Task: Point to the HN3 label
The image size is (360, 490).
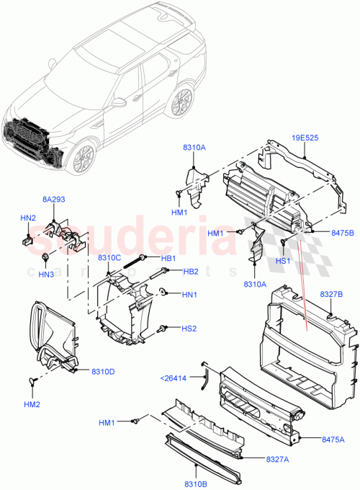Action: pyautogui.click(x=46, y=274)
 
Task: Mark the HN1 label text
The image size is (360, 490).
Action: pyautogui.click(x=189, y=294)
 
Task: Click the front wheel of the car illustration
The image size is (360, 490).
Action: pyautogui.click(x=86, y=156)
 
